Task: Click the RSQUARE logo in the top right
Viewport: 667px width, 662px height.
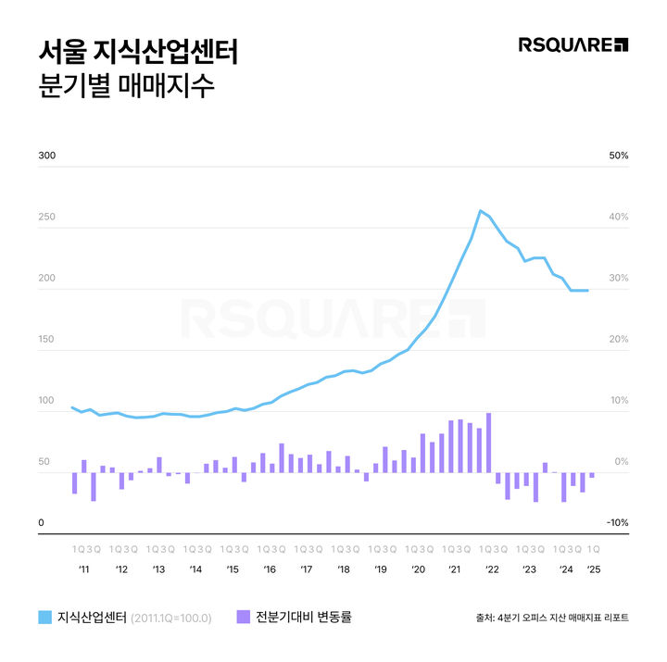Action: [573, 44]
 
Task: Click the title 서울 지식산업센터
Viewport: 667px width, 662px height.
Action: [137, 50]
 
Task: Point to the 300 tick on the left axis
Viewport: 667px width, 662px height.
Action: [46, 156]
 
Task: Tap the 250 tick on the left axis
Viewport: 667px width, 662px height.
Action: [46, 217]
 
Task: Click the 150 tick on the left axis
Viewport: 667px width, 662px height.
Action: [46, 340]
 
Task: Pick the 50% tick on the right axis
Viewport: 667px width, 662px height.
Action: [618, 156]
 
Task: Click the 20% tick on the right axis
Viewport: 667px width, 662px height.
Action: [618, 340]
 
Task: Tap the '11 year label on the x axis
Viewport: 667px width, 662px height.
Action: [83, 568]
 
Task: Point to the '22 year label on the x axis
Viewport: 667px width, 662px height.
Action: [491, 568]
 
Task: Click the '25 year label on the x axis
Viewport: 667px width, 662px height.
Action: [593, 568]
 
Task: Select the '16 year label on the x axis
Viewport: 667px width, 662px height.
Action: [269, 568]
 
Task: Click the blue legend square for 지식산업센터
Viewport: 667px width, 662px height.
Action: [44, 617]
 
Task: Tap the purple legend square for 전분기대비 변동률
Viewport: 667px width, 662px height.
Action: [244, 617]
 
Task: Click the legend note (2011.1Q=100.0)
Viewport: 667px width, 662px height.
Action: [171, 618]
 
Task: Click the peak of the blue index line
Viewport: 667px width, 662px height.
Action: [481, 211]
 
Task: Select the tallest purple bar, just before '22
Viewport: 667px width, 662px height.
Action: [488, 443]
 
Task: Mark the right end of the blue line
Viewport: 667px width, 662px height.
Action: [588, 291]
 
